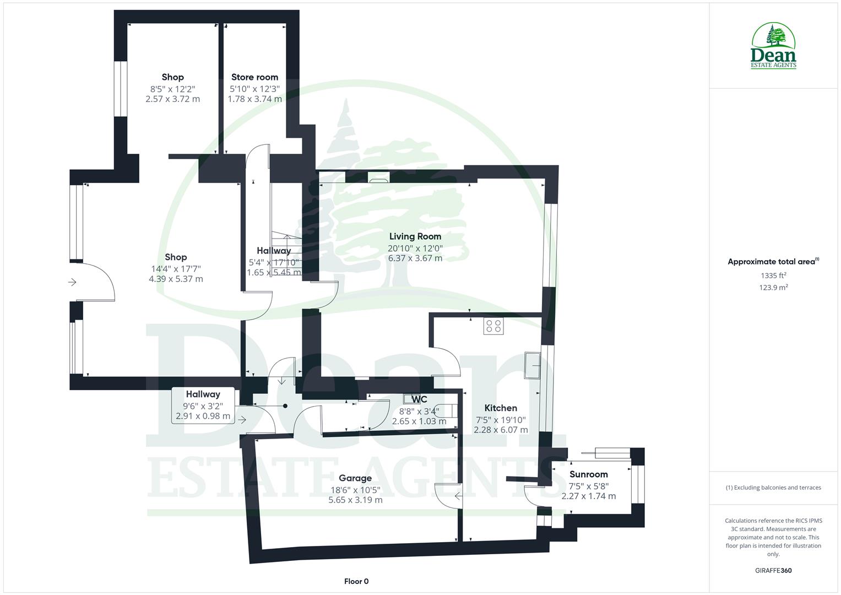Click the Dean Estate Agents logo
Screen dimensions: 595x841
[x=773, y=46]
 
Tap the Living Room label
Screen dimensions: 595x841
[x=415, y=236]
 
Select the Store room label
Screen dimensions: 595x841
[x=254, y=77]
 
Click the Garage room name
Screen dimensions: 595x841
[x=355, y=478]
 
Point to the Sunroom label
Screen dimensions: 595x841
[x=588, y=474]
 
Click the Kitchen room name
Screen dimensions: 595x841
[x=500, y=408]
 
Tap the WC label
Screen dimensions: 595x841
[x=419, y=399]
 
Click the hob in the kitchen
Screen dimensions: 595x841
[x=493, y=327]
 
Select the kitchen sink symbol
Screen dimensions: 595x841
[x=533, y=366]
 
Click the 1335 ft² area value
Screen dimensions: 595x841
[x=773, y=275]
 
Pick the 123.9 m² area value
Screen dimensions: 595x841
[x=773, y=288]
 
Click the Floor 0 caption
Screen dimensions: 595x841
[x=356, y=581]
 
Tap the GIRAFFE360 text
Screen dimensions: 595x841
[x=773, y=570]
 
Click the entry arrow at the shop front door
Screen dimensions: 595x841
[x=72, y=283]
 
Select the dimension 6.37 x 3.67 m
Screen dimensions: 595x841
[x=415, y=258]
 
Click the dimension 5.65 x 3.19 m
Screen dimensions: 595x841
[x=355, y=500]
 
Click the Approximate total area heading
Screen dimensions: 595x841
[x=773, y=262]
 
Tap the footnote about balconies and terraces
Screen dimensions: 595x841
[x=773, y=488]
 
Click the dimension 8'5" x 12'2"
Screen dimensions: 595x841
[x=172, y=88]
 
